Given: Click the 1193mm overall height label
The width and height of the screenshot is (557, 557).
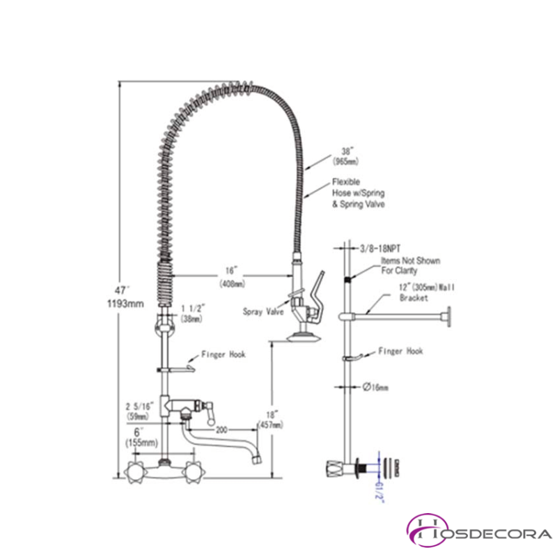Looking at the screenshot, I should pos(126,303).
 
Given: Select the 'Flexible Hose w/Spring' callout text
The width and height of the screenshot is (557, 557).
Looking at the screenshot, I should pos(358,193).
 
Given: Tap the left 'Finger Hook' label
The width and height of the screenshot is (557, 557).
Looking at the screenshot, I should pos(223,354).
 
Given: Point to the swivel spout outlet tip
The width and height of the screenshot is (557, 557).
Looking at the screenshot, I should pos(256,459).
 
